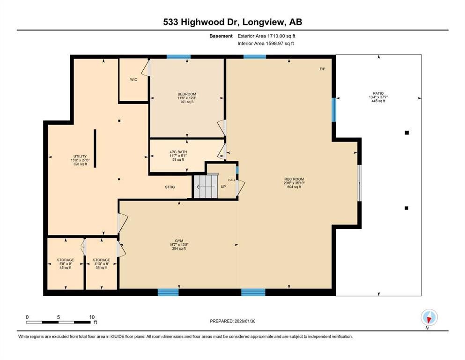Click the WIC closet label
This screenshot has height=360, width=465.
(133, 79)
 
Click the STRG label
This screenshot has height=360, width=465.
(170, 187)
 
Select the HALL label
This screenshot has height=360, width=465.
(231, 180)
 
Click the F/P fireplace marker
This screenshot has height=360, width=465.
(322, 69)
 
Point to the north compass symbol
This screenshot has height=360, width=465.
(429, 317)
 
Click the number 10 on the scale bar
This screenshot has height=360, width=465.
(92, 317)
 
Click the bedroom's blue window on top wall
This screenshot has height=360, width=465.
(178, 57)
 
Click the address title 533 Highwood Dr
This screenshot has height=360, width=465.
(232, 22)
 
